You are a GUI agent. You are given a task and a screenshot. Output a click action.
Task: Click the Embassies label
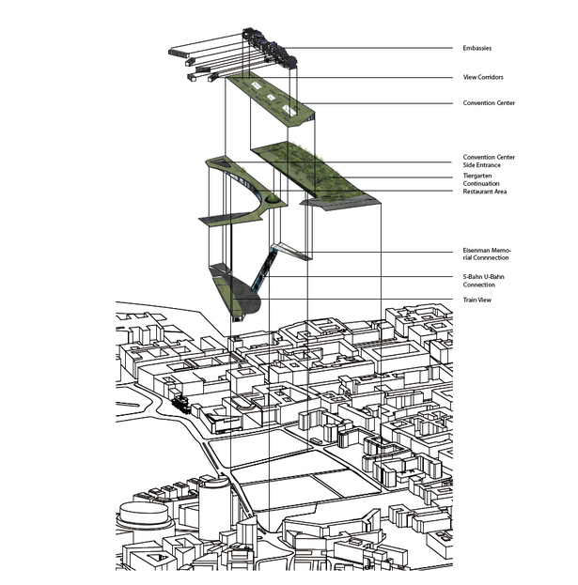click(x=476, y=48)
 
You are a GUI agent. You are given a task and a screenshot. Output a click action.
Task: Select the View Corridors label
click(x=483, y=77)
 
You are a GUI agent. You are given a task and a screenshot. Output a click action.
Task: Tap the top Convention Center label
click(x=489, y=103)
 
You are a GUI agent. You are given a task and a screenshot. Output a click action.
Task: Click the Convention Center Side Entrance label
click(x=489, y=162)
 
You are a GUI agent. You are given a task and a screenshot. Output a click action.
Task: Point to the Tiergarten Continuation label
click(x=481, y=179)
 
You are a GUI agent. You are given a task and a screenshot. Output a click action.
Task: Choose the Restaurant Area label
click(x=485, y=192)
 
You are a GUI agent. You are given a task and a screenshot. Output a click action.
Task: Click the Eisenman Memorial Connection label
click(x=487, y=254)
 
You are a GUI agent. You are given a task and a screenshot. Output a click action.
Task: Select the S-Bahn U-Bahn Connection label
click(x=483, y=281)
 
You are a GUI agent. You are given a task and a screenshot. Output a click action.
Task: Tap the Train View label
click(x=476, y=300)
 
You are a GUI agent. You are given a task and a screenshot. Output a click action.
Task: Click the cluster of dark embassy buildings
click(x=270, y=49)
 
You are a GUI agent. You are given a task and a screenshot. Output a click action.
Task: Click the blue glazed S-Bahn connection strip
click(x=264, y=270)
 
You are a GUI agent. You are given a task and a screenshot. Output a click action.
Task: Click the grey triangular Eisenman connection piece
click(x=292, y=252)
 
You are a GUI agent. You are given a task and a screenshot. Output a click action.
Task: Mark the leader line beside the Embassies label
click(x=368, y=48)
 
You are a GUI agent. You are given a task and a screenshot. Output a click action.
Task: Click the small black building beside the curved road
click(x=182, y=404)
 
